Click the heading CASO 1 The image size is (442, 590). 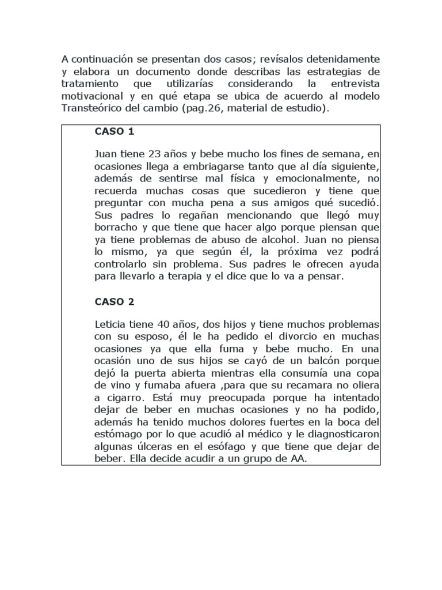click(114, 131)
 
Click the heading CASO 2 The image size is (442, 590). click(114, 301)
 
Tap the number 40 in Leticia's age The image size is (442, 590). click(165, 324)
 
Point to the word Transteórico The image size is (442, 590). click(89, 108)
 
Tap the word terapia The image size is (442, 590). click(190, 276)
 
